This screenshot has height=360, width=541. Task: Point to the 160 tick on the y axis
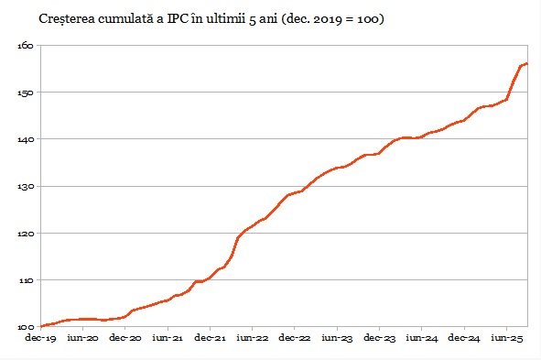click(26, 46)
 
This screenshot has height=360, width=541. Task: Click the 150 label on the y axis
click(26, 93)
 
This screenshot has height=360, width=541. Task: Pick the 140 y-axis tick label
click(26, 139)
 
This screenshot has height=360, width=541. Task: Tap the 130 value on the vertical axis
click(26, 186)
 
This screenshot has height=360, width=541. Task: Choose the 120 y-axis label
click(26, 233)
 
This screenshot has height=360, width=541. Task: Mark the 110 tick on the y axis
click(26, 279)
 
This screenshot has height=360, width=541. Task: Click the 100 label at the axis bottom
click(26, 326)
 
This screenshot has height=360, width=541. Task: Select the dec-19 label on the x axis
click(41, 339)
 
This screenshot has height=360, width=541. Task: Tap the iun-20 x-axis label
click(83, 339)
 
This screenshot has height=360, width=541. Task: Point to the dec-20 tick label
click(126, 339)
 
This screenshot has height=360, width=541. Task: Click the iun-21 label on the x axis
click(168, 339)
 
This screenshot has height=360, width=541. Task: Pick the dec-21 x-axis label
click(211, 339)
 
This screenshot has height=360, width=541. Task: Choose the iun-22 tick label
click(252, 339)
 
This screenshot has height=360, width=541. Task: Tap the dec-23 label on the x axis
click(379, 339)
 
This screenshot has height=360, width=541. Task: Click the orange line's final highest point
click(527, 63)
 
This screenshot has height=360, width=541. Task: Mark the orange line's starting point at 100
click(42, 326)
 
